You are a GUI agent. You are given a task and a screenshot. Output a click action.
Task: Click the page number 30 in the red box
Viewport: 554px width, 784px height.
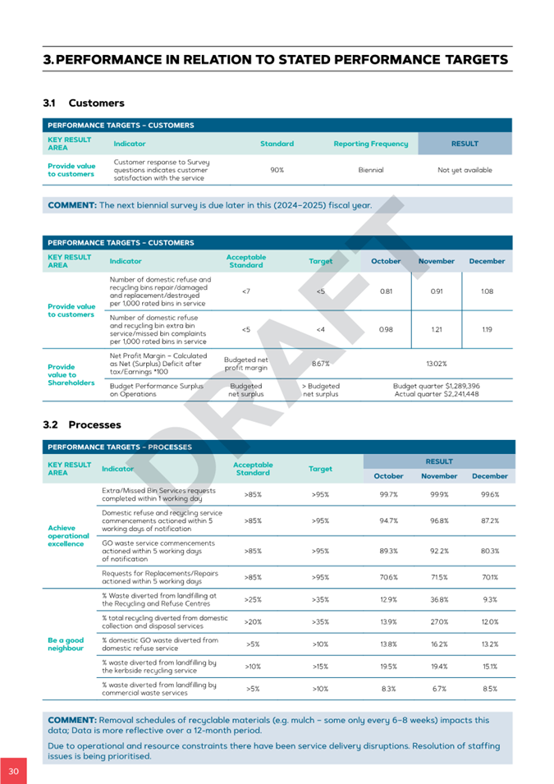pos(13,771)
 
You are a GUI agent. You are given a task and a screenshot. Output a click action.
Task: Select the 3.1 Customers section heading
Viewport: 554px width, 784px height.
pos(84,103)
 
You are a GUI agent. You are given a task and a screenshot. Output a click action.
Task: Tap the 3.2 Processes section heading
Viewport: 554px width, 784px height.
pos(82,425)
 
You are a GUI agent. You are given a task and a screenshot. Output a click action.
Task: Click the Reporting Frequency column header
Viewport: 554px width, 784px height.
pos(370,144)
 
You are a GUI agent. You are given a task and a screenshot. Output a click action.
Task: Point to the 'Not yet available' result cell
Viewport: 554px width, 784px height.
pos(465,170)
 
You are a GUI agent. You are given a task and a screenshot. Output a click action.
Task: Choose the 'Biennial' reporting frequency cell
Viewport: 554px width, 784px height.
pos(371,170)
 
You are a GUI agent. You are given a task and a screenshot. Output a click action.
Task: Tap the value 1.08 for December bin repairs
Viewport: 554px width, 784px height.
pos(487,291)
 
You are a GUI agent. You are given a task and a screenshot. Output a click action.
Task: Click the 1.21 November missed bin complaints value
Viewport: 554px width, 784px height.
pos(436,329)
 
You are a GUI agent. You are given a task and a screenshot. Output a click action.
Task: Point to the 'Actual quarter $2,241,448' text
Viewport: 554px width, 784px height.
pos(436,394)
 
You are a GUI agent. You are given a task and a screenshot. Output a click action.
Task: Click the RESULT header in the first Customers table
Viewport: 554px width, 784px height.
pos(465,144)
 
